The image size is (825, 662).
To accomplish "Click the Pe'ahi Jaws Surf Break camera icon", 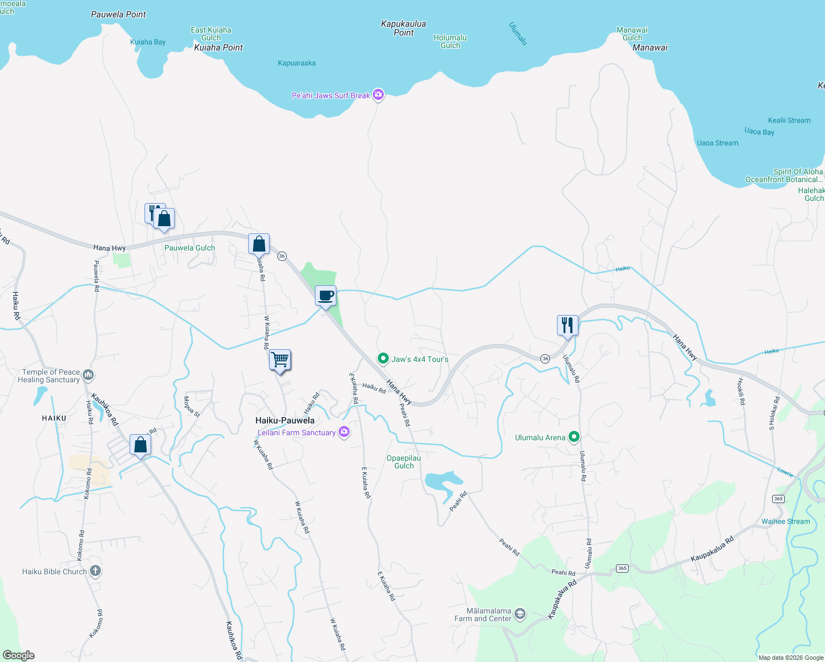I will click(x=378, y=95).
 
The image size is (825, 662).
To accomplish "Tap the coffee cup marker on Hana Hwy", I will click(x=326, y=296).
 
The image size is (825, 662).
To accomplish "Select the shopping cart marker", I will click(x=280, y=360).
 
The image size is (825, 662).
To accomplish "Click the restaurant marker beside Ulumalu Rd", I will click(x=567, y=325).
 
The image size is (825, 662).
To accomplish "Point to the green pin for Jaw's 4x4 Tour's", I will click(x=383, y=359).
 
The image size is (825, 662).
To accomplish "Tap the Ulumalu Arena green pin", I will click(x=574, y=437).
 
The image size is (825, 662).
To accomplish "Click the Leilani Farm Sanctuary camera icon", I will click(x=344, y=433).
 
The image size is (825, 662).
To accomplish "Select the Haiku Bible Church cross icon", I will click(x=95, y=571).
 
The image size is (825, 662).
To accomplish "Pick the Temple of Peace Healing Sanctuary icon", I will click(x=88, y=376).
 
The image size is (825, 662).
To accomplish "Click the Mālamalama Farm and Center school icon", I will click(x=519, y=614).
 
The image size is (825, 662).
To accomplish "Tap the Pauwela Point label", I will click(x=118, y=14).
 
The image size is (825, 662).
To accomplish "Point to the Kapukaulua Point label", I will click(x=403, y=28).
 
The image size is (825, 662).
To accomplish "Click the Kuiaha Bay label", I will click(x=148, y=42).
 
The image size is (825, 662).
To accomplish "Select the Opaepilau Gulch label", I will click(x=404, y=462).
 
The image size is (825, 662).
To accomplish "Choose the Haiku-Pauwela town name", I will click(x=285, y=420).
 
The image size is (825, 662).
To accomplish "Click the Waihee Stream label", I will click(x=785, y=521).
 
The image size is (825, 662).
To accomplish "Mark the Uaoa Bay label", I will click(x=759, y=131).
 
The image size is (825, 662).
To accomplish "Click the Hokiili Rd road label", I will click(x=741, y=391).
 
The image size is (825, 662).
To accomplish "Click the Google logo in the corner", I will click(x=19, y=655).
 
